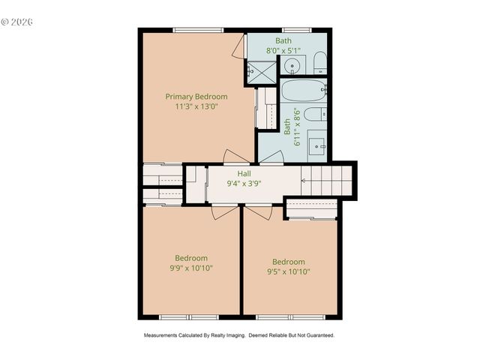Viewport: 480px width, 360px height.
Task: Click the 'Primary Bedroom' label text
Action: (196, 97)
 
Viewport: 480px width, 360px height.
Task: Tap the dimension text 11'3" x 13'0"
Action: (196, 106)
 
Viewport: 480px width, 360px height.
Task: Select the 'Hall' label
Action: (244, 173)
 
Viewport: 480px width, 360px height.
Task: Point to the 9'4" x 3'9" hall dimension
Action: (244, 183)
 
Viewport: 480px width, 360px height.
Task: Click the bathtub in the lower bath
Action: (303, 92)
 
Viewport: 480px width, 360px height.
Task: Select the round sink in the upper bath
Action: (292, 65)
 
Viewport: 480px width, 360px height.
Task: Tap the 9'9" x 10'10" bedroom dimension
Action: (190, 268)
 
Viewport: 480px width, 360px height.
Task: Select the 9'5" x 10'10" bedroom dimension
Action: (289, 272)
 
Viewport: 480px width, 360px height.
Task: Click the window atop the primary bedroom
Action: (198, 30)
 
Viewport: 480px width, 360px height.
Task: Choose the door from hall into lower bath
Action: (271, 157)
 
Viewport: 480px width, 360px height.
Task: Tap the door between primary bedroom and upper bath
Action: (238, 46)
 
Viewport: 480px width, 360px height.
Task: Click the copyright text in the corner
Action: (17, 22)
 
